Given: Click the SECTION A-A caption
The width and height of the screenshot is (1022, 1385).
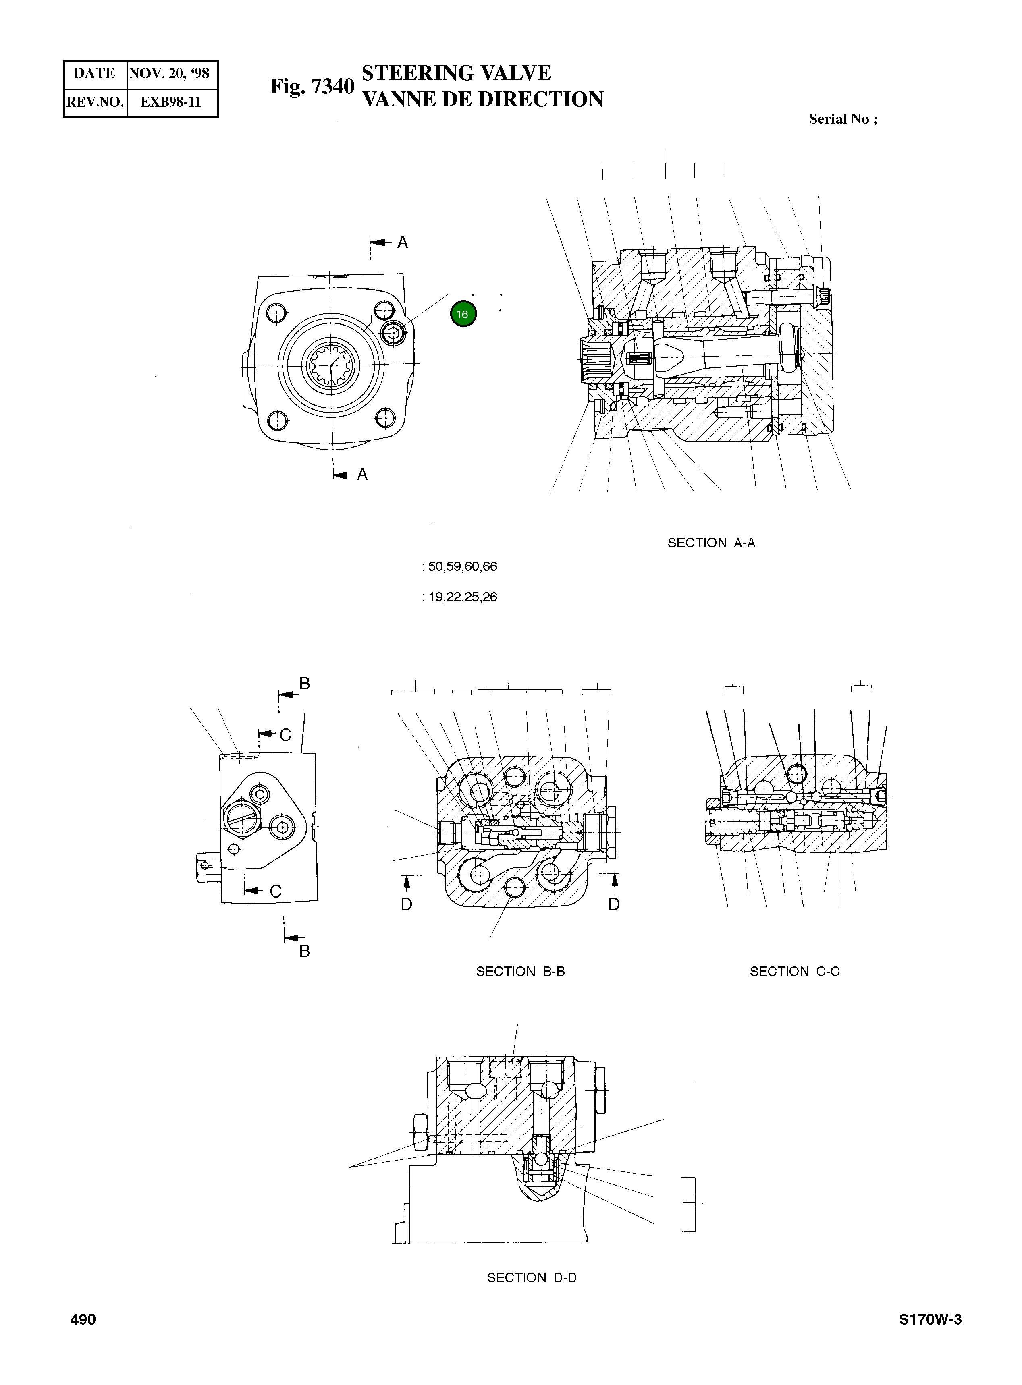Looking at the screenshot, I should (x=711, y=543).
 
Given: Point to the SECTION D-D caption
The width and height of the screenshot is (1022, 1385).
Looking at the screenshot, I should (x=532, y=1277).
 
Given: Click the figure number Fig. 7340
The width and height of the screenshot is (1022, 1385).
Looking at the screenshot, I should (x=312, y=87).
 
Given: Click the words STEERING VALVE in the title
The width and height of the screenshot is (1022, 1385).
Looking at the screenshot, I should (x=456, y=73).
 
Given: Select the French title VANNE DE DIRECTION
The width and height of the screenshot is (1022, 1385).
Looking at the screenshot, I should (x=482, y=100).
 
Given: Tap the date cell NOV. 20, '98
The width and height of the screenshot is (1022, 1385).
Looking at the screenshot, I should (x=170, y=74).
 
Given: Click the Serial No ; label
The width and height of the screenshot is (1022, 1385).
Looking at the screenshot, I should (x=843, y=119).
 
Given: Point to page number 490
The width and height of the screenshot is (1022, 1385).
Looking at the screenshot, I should (x=83, y=1319).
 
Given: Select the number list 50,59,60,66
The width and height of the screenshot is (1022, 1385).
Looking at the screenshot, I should (x=462, y=566).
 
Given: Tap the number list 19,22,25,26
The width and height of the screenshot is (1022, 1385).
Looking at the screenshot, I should (x=462, y=597).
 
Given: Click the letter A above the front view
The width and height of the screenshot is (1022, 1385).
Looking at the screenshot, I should (x=403, y=243).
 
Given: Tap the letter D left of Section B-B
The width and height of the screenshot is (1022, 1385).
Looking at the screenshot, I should (x=407, y=904).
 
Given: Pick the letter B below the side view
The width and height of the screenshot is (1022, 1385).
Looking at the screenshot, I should (x=304, y=951).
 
